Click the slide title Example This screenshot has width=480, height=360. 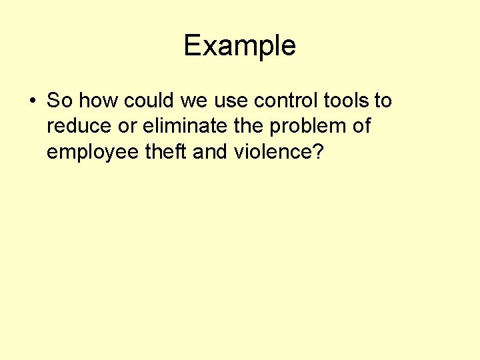(239, 46)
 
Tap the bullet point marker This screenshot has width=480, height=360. (31, 102)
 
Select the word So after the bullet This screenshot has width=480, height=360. (59, 101)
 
